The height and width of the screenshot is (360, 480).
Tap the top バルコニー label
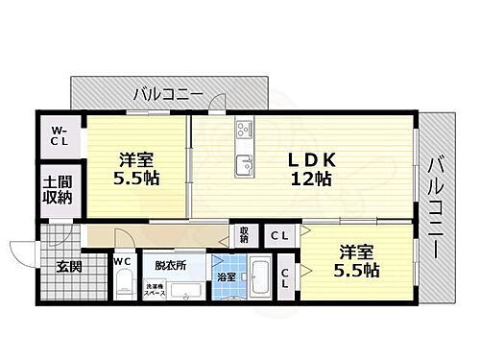pos(167,95)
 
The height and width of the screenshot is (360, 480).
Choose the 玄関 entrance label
pos(66,267)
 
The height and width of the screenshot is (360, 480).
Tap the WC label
pos(122,260)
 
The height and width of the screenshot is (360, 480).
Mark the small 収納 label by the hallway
pos(244,234)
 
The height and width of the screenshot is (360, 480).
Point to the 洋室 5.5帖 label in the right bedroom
pos(358,260)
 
